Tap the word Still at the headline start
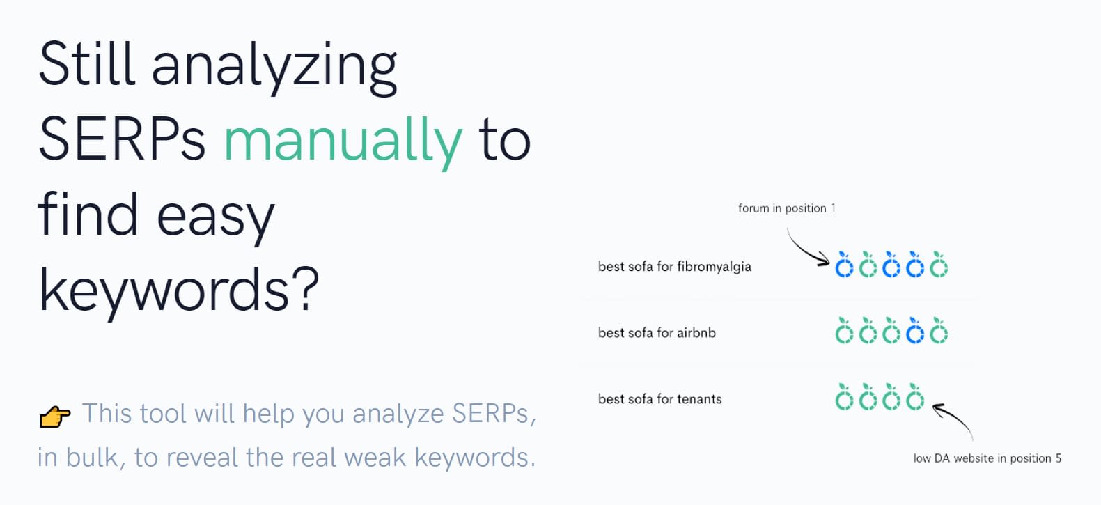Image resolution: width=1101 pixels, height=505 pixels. tap(86, 64)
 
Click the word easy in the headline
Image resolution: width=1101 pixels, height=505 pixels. tap(215, 220)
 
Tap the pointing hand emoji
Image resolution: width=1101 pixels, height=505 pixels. tap(54, 417)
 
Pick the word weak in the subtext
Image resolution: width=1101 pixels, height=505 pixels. tap(375, 457)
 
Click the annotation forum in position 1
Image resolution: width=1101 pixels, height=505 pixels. tap(786, 208)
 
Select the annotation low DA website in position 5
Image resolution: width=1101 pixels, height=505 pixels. tap(987, 458)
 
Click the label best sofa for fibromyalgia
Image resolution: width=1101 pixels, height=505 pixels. tap(674, 267)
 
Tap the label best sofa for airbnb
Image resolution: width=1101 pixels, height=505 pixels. tap(657, 333)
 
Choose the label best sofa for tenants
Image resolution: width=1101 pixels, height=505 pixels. tap(659, 399)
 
